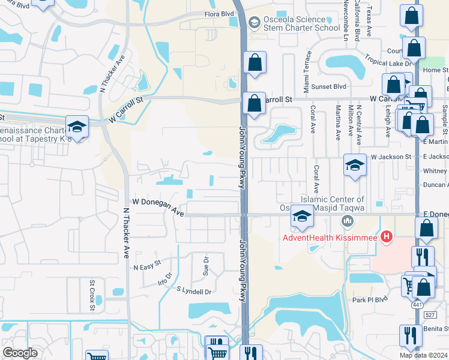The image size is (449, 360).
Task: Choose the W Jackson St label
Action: pos(390,157)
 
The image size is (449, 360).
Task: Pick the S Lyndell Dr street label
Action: pos(194,292)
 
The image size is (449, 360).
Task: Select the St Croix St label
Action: pos(92,295)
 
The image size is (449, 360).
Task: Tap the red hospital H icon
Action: pos(387,238)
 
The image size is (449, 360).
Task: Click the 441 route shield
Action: pos(415,305)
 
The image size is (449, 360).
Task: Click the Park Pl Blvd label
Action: pos(372,299)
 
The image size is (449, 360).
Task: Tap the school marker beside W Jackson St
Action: pos(355,165)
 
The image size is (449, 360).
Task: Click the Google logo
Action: pos(20,353)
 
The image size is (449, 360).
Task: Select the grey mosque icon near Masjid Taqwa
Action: pos(346,223)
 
